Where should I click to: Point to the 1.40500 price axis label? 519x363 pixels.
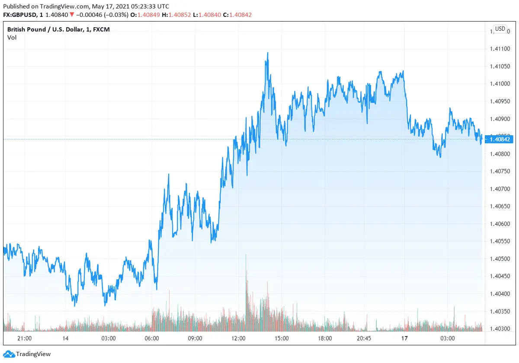point(500,259)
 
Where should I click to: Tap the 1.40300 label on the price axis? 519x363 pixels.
point(500,329)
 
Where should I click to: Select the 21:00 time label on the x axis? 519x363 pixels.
point(24,338)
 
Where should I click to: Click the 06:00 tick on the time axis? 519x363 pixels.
point(152,338)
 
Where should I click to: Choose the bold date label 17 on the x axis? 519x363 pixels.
point(404,338)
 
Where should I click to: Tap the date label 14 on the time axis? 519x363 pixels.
point(65,338)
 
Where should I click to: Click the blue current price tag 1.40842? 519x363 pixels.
point(500,139)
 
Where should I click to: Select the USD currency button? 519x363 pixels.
point(500,29)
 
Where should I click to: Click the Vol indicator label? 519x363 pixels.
point(12,38)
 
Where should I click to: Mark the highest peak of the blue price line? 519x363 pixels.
point(268,53)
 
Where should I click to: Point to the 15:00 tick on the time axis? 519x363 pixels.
point(281,338)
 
